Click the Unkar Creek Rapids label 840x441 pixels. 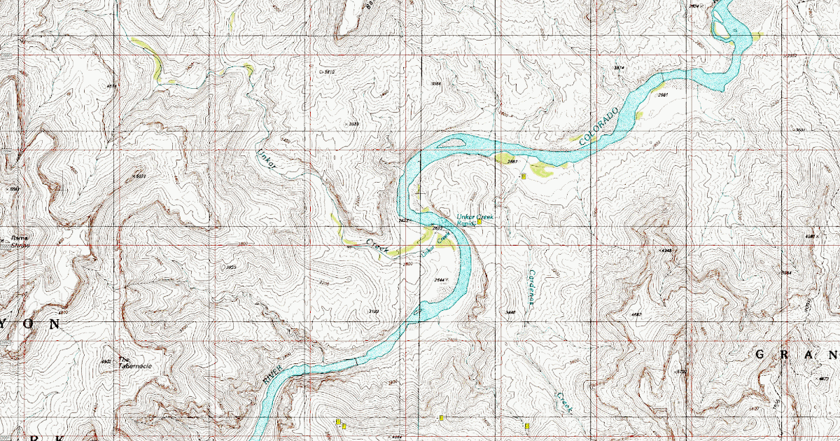point(474,220)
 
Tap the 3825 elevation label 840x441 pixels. point(230,267)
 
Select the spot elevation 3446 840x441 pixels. point(510,312)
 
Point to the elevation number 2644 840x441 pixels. point(440,280)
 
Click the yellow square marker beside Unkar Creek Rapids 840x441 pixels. point(479,223)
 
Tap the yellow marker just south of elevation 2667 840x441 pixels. point(523,177)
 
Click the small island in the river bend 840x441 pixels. point(451,145)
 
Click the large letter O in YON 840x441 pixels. point(33,325)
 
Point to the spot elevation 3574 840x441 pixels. point(618,67)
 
